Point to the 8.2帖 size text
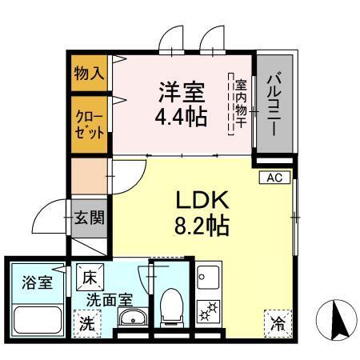201,226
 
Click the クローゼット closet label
89,122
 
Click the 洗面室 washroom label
110,302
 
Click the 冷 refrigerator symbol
276,325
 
